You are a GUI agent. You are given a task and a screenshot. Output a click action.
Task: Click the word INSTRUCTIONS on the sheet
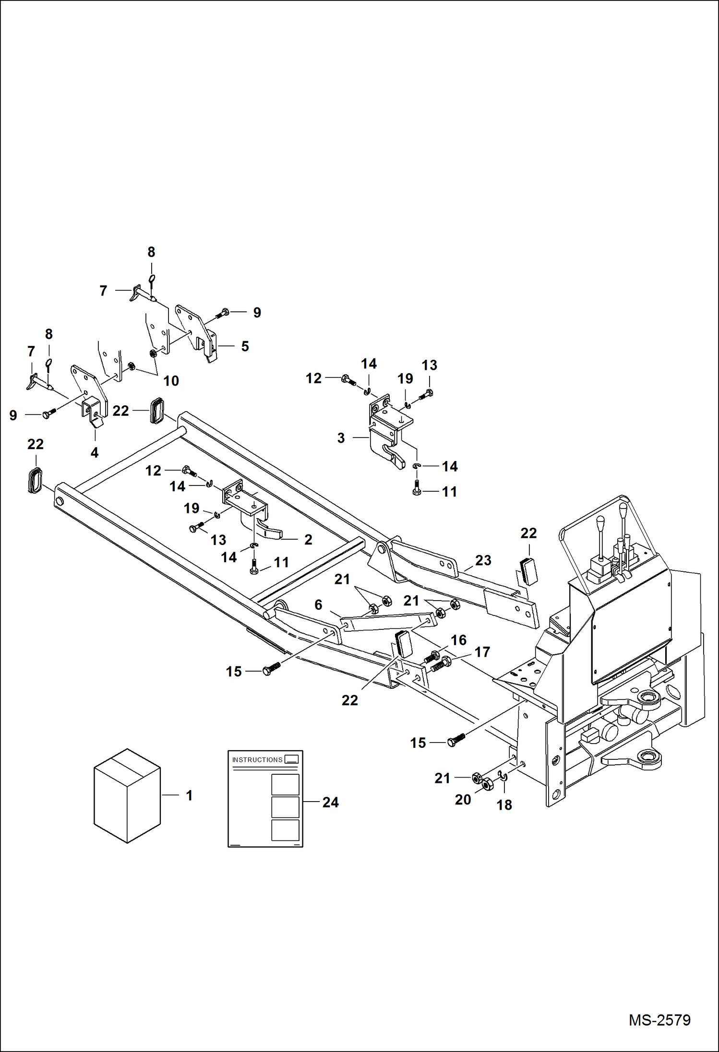click(x=257, y=760)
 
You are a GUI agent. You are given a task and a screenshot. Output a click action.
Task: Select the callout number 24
click(x=330, y=802)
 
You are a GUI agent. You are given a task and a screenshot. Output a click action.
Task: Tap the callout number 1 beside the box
click(x=189, y=795)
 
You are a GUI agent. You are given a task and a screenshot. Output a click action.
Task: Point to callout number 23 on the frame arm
click(x=483, y=560)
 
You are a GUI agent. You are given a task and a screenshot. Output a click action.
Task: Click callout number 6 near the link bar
click(x=318, y=605)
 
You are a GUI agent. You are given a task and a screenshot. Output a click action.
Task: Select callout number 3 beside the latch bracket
click(x=341, y=438)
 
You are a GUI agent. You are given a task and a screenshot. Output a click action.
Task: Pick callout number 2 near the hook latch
click(x=308, y=540)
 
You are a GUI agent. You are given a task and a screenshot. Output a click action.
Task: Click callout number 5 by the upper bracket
click(x=245, y=346)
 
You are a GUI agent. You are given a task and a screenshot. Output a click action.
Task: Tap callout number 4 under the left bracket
click(x=95, y=452)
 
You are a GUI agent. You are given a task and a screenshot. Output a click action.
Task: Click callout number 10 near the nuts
click(x=171, y=381)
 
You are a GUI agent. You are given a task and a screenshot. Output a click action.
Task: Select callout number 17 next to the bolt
click(x=482, y=652)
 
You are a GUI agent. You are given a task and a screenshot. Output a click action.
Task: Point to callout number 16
click(x=458, y=640)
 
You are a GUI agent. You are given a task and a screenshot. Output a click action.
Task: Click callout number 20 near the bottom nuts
click(x=463, y=800)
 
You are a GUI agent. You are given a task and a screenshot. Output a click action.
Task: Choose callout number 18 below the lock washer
click(x=504, y=805)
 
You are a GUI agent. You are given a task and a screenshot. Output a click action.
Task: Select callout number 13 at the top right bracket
click(x=429, y=365)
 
